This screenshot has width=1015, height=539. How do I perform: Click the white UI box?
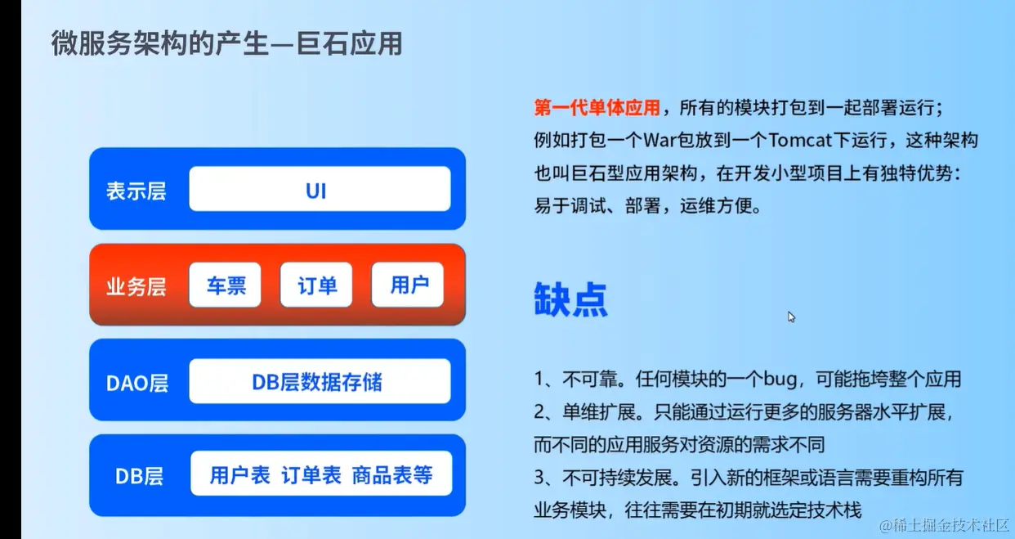coord(320,189)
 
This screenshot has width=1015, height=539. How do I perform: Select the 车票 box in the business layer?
coord(226,285)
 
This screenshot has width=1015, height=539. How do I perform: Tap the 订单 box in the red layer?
coord(316,285)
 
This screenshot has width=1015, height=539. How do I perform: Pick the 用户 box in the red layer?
coord(407,285)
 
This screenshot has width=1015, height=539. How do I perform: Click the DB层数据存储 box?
coord(320,381)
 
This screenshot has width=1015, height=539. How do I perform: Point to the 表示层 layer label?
coord(136,191)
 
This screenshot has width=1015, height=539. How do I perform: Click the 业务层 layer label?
coord(136,287)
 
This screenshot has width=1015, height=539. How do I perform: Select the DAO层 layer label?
coord(137,383)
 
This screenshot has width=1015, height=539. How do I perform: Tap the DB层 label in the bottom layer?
coord(139,477)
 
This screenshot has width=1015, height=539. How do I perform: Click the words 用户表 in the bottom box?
coord(239,475)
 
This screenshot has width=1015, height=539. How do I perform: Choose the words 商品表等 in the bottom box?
coord(392,475)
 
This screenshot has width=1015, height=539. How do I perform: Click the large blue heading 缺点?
coord(570,299)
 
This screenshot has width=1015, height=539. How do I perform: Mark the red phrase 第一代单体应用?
coord(597,108)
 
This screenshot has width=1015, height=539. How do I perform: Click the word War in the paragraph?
coord(660,140)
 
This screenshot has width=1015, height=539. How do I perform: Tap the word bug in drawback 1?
coord(780,379)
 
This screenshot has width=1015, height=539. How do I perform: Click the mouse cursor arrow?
coord(791,317)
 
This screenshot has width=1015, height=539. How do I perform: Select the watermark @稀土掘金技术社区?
coord(945,525)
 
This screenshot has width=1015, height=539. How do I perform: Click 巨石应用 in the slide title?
coord(349,44)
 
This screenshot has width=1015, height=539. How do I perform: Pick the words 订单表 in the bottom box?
coord(311,475)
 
